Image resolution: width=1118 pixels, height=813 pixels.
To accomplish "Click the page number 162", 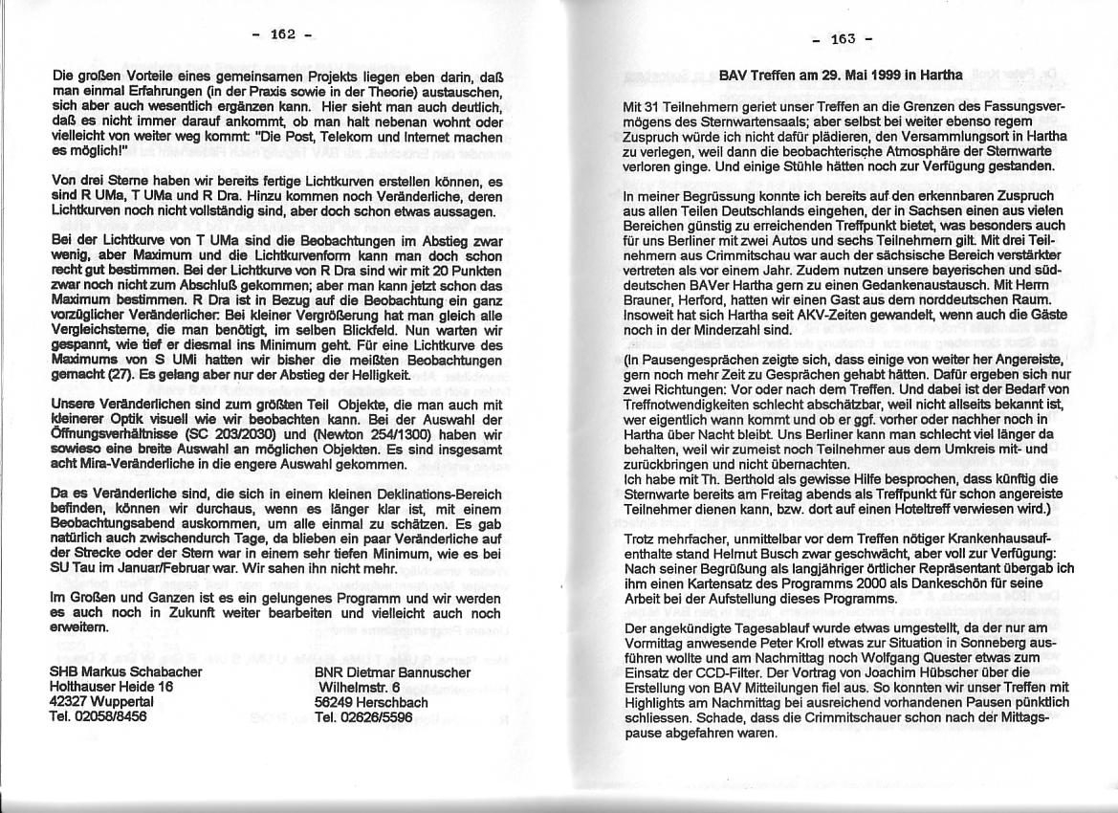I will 282,34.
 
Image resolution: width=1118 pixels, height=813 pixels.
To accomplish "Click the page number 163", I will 843,39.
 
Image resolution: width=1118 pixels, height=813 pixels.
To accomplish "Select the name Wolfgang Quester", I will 903,645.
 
